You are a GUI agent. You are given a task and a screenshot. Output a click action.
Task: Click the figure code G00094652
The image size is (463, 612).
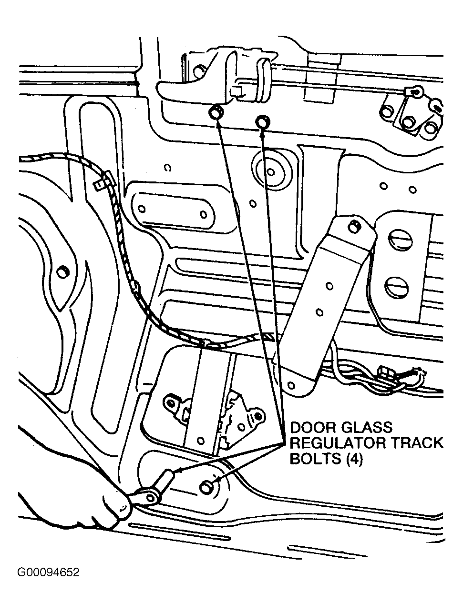pyautogui.click(x=49, y=572)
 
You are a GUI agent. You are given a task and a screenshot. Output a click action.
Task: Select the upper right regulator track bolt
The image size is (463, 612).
pyautogui.click(x=263, y=122)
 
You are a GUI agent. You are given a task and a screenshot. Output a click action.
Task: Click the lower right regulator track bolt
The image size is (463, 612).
pyautogui.click(x=207, y=487)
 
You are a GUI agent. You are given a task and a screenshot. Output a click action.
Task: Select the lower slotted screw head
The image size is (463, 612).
pyautogui.click(x=396, y=287)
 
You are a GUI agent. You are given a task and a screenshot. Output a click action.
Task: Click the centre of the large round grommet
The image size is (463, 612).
pyautogui.click(x=270, y=171)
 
